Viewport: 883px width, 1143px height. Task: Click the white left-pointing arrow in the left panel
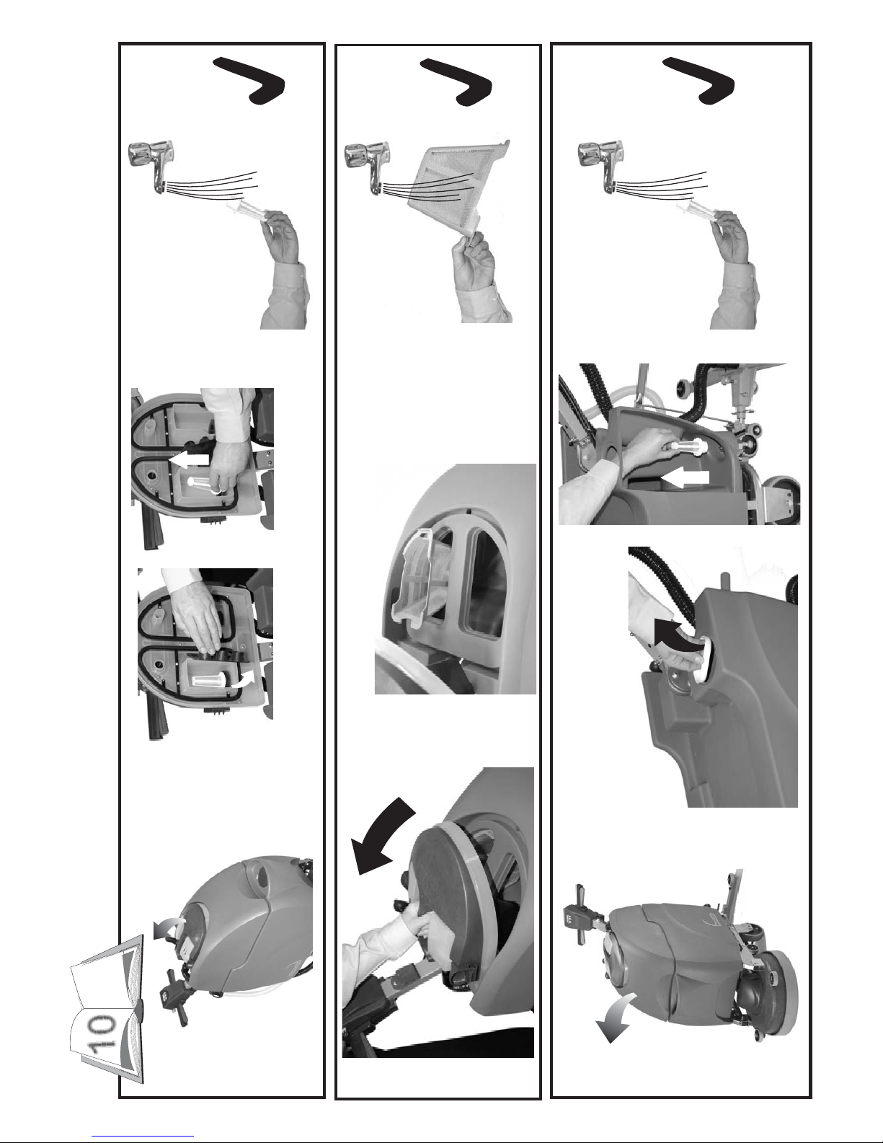pyautogui.click(x=187, y=459)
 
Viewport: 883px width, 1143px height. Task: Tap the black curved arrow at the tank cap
pyautogui.click(x=676, y=633)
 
